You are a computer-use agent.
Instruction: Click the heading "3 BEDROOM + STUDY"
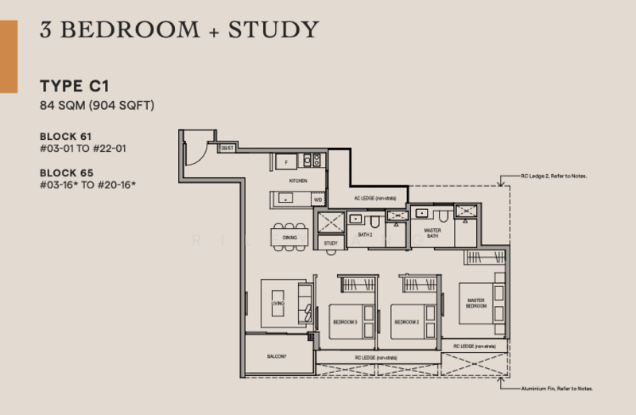pyautogui.click(x=180, y=30)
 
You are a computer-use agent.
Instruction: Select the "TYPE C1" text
pyautogui.click(x=74, y=87)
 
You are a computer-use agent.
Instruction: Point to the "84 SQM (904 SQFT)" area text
pyautogui.click(x=96, y=105)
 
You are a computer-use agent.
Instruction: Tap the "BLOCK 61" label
pyautogui.click(x=66, y=137)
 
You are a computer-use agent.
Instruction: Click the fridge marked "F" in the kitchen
pyautogui.click(x=285, y=161)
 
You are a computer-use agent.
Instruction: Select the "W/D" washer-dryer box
pyautogui.click(x=317, y=200)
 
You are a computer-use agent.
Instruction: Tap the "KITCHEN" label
pyautogui.click(x=298, y=181)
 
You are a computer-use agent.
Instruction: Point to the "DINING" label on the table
pyautogui.click(x=289, y=236)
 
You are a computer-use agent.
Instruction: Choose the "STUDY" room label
pyautogui.click(x=332, y=243)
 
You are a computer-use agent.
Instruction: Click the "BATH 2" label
pyautogui.click(x=366, y=235)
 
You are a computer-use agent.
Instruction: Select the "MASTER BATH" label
pyautogui.click(x=432, y=233)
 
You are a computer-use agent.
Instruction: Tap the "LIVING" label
pyautogui.click(x=277, y=303)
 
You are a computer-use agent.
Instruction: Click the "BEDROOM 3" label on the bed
pyautogui.click(x=345, y=322)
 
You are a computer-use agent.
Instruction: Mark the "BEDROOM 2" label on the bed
pyautogui.click(x=406, y=322)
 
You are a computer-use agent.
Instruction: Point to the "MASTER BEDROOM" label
pyautogui.click(x=476, y=303)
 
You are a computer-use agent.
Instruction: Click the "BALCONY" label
pyautogui.click(x=276, y=355)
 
